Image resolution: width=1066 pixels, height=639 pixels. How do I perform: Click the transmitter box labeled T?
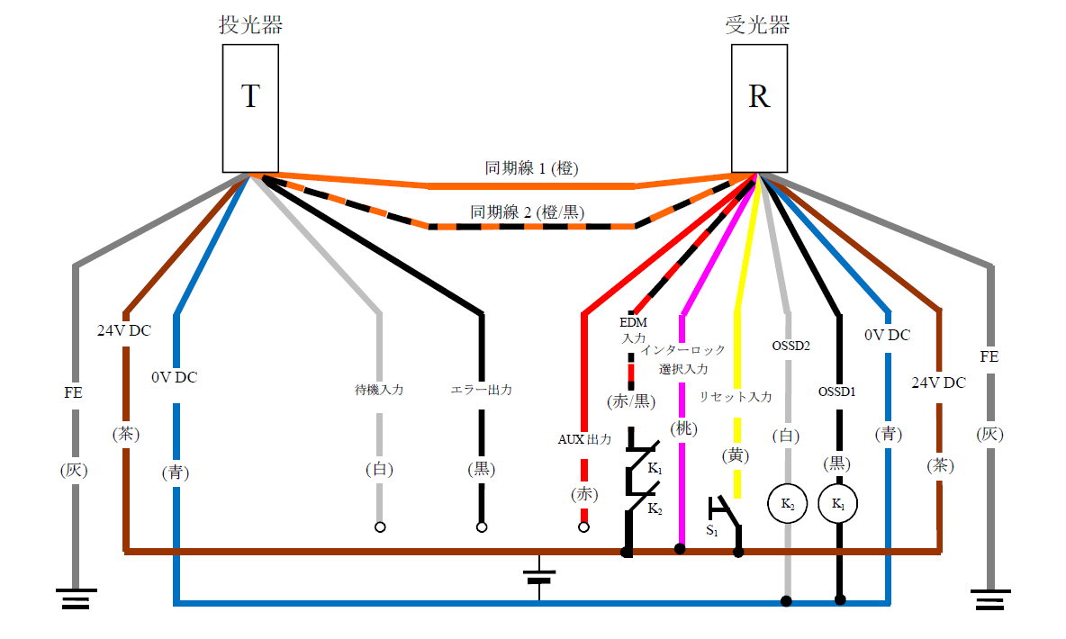click(250, 108)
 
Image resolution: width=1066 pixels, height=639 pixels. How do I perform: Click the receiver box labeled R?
click(759, 108)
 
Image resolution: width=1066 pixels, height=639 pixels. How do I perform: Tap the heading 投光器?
click(250, 25)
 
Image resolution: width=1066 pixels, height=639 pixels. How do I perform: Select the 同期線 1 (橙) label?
click(531, 168)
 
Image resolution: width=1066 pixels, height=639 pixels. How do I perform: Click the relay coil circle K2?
click(788, 505)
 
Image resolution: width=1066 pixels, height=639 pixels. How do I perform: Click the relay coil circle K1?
click(839, 505)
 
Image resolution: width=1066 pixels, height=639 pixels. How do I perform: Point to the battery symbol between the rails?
click(539, 576)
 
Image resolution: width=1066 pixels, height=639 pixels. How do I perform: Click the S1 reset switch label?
click(712, 531)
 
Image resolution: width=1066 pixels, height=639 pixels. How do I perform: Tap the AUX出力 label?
click(585, 440)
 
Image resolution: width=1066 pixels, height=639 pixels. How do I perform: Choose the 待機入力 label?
click(379, 391)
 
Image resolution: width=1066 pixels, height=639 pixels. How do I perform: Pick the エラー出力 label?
click(482, 391)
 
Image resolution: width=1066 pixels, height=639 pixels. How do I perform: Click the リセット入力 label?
click(736, 397)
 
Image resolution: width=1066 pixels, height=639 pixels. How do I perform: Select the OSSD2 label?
click(790, 345)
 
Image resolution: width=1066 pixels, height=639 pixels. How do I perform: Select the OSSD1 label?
click(837, 391)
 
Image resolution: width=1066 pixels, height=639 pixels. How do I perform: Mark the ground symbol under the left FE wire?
click(75, 598)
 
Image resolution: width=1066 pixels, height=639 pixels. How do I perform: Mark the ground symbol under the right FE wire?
click(991, 598)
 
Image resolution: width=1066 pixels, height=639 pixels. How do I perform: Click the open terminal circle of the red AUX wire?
click(583, 527)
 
